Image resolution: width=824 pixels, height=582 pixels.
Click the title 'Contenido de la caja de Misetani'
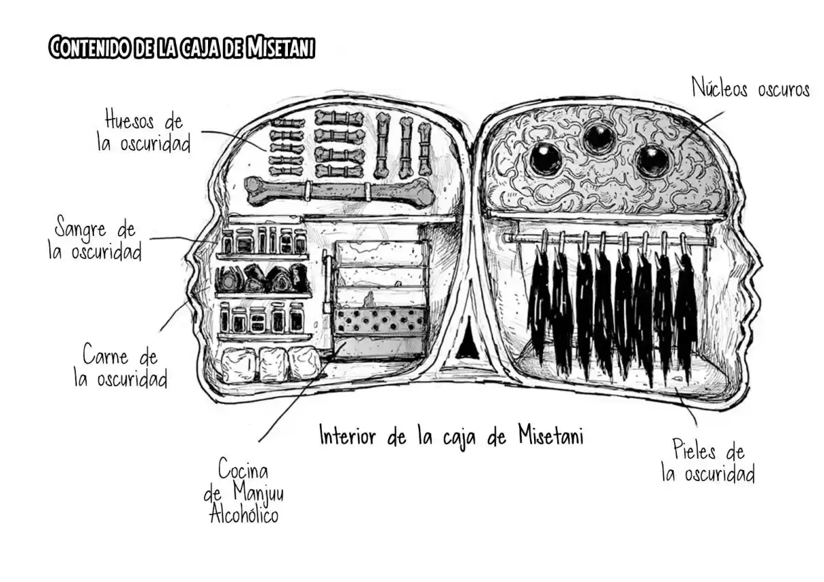181,47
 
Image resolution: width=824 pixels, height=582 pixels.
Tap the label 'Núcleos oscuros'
750,88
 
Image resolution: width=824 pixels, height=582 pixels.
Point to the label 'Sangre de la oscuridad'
95,238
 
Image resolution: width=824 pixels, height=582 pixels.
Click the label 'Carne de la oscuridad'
121,364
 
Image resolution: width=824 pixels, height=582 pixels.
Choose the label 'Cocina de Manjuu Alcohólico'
244,491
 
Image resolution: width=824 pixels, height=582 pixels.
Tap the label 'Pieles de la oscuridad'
708,461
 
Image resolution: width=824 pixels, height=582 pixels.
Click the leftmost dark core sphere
546,159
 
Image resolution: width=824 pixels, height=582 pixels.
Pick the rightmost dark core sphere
651,161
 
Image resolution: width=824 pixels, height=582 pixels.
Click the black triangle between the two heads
467,338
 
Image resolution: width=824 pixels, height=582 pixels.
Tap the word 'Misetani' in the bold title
280,47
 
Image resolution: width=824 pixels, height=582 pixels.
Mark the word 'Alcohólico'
244,514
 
